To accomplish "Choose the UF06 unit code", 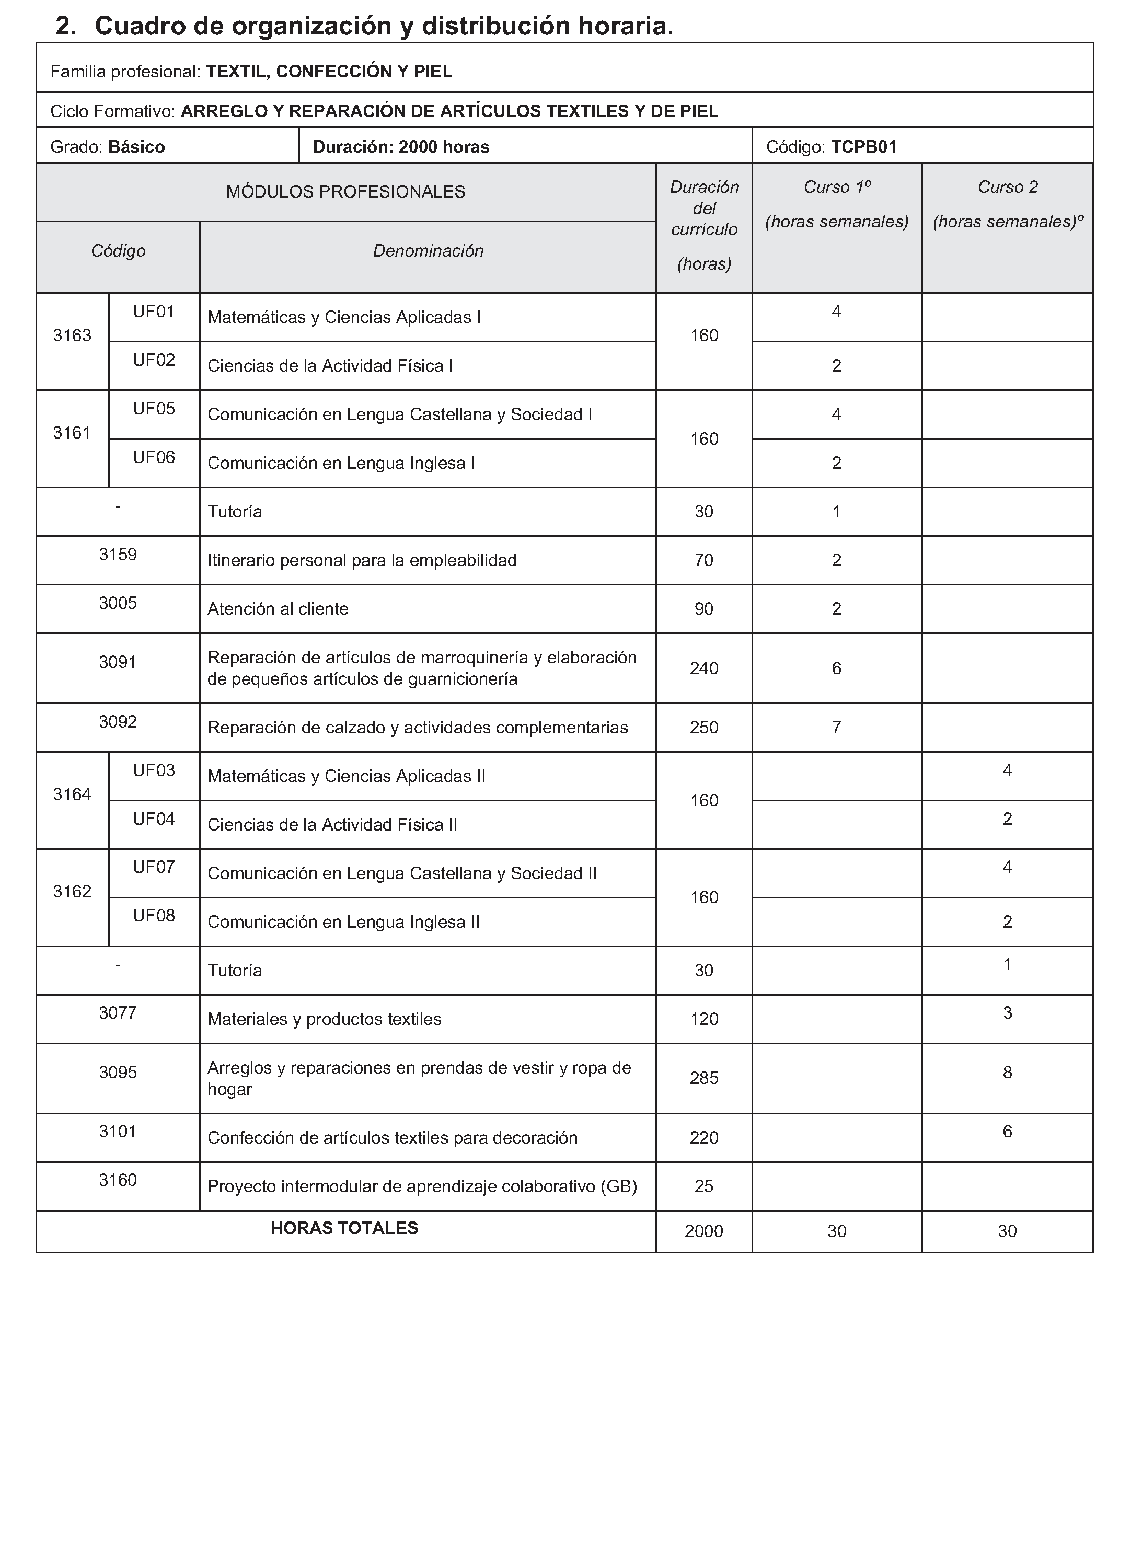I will point(154,457).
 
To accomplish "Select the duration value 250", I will point(704,728).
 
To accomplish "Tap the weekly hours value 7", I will point(836,727).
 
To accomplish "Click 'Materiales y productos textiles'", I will point(325,1019).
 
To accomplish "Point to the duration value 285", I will point(704,1079).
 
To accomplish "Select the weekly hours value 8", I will point(1007,1073).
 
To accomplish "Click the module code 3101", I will point(118,1132).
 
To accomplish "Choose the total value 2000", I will point(704,1231).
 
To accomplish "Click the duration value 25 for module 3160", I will point(704,1186).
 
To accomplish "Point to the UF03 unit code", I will point(154,771).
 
